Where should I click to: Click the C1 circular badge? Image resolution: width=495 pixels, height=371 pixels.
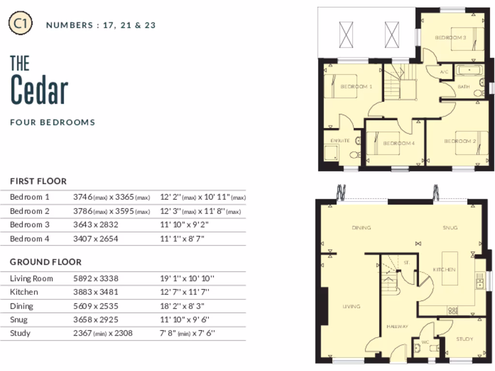21,25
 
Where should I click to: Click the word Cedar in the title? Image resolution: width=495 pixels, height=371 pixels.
39,89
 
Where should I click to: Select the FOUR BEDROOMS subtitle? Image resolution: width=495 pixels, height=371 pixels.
53,122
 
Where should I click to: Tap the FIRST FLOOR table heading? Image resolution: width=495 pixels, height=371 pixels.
38,181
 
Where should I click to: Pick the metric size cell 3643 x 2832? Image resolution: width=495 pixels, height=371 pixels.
96,225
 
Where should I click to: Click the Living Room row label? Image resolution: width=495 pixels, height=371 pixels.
31,279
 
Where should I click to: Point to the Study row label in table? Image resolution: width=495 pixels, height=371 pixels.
20,333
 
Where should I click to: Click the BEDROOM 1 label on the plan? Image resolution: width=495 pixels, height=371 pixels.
356,87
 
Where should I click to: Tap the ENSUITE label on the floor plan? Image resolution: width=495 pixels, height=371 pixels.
340,141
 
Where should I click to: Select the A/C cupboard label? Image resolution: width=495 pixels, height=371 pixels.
444,72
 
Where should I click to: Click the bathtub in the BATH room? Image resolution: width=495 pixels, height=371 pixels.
469,71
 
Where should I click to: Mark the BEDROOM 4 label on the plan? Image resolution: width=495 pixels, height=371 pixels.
399,143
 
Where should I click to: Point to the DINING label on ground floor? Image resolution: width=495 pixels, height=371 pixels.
361,228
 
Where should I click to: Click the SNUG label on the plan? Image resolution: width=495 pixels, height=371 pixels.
450,228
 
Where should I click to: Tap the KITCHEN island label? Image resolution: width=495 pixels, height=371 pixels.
444,270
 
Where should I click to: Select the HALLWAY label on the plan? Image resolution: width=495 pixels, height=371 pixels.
397,327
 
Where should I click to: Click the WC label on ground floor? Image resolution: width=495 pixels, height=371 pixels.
425,342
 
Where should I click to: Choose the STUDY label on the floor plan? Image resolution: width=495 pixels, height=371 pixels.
465,339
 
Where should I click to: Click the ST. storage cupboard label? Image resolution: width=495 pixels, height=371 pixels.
407,263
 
